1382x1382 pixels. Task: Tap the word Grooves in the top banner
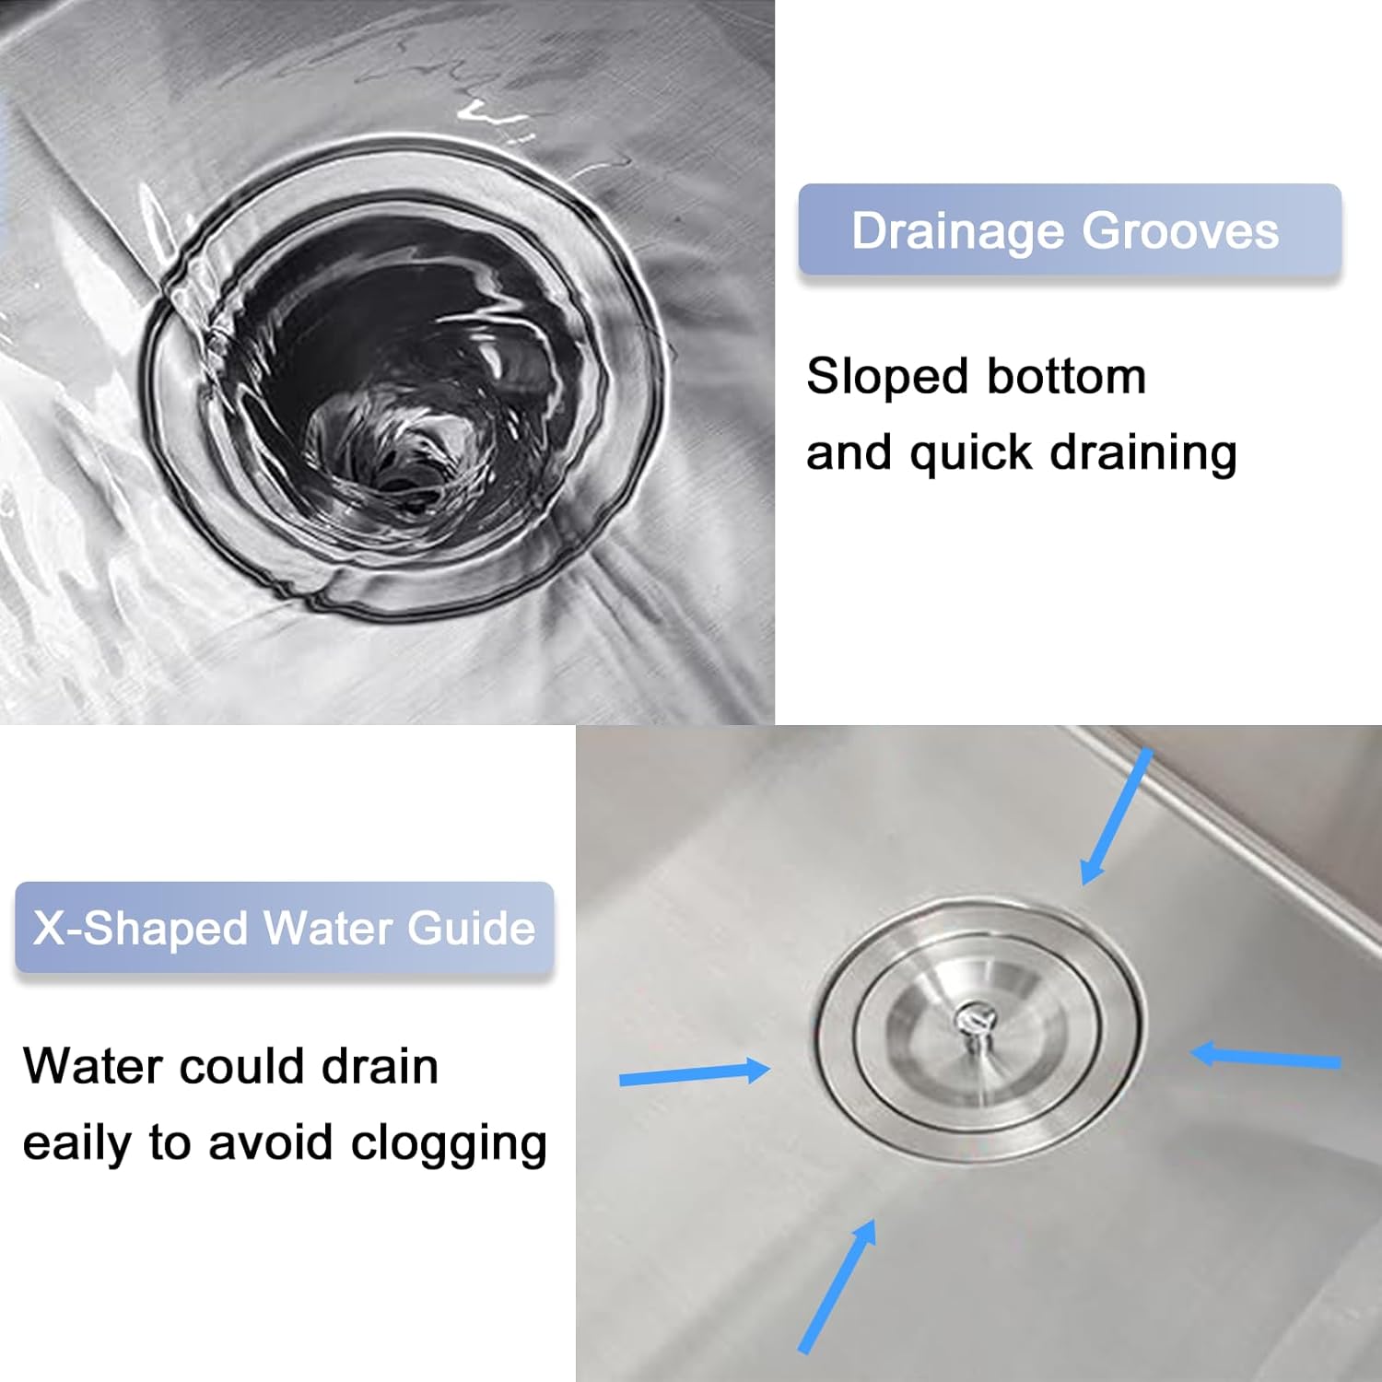pos(1180,230)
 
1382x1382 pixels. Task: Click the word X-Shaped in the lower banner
pos(140,928)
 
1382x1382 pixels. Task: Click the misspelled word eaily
pos(78,1144)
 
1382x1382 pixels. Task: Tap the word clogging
pos(449,1144)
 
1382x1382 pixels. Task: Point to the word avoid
pos(270,1143)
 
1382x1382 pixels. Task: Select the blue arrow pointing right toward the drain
pos(694,1073)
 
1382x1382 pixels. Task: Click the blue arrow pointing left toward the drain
pos(1266,1057)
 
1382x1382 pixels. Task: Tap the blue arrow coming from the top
pos(1116,816)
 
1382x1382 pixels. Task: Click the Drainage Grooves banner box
pos(1069,230)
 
